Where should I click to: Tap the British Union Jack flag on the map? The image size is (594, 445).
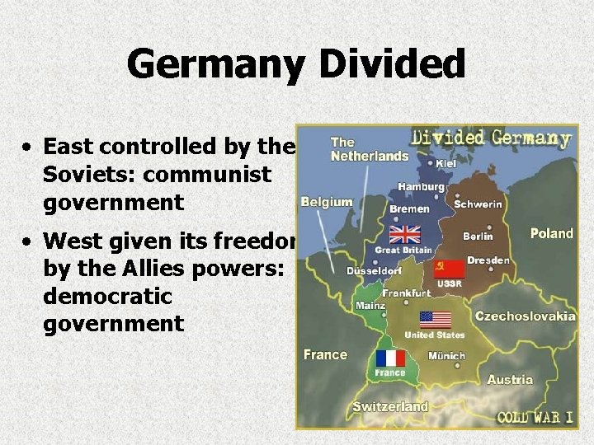pyautogui.click(x=404, y=234)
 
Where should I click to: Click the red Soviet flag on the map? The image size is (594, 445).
pyautogui.click(x=449, y=269)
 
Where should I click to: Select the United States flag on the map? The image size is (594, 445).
pyautogui.click(x=435, y=319)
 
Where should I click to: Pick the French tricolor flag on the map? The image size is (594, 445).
pyautogui.click(x=390, y=358)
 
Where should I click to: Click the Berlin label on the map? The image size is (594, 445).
pyautogui.click(x=478, y=236)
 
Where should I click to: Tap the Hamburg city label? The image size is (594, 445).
pyautogui.click(x=421, y=187)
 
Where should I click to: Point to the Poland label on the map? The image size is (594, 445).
pyautogui.click(x=551, y=233)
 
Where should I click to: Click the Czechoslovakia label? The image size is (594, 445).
pyautogui.click(x=526, y=316)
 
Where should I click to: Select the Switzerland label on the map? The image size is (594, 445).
pyautogui.click(x=390, y=406)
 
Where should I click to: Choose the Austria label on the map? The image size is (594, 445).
pyautogui.click(x=510, y=380)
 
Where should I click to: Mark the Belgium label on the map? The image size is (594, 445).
pyautogui.click(x=327, y=202)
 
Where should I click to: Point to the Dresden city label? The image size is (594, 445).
pyautogui.click(x=488, y=260)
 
